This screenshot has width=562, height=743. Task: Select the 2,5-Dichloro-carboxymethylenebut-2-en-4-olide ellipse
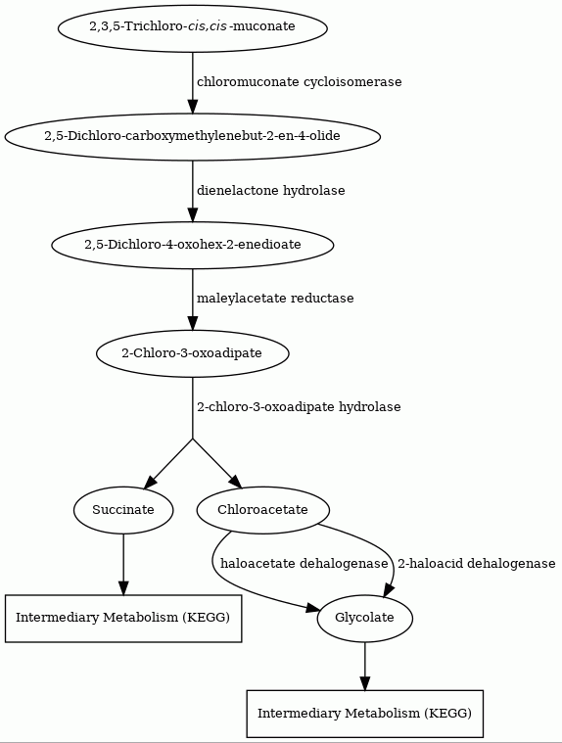pyautogui.click(x=192, y=136)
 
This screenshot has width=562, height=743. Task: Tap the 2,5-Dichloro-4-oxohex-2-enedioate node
pyautogui.click(x=192, y=245)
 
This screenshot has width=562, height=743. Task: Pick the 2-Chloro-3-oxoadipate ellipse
pyautogui.click(x=192, y=353)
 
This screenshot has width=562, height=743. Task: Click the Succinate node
pyautogui.click(x=123, y=510)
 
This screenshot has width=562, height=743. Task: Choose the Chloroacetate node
pyautogui.click(x=263, y=510)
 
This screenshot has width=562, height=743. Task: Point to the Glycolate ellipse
pyautogui.click(x=365, y=618)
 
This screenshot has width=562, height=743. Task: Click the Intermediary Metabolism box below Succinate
pyautogui.click(x=123, y=618)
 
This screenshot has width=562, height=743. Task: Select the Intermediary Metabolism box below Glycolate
pyautogui.click(x=365, y=714)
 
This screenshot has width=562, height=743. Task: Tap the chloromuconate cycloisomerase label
pyautogui.click(x=300, y=82)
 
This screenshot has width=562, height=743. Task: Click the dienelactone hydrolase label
pyautogui.click(x=271, y=191)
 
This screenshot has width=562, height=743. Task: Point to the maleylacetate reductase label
pyautogui.click(x=275, y=299)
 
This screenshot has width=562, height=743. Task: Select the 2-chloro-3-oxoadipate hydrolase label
pyautogui.click(x=299, y=407)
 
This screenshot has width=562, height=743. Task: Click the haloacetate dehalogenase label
pyautogui.click(x=304, y=564)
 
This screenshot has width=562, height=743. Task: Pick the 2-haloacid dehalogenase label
pyautogui.click(x=476, y=564)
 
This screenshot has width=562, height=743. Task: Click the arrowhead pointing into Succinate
pyautogui.click(x=150, y=482)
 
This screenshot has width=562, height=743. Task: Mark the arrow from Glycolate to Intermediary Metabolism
pyautogui.click(x=365, y=667)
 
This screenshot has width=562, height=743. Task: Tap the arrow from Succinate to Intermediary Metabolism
pyautogui.click(x=123, y=564)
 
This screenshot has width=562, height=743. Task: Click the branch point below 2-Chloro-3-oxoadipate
pyautogui.click(x=192, y=440)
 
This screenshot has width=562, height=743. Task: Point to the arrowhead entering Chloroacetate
pyautogui.click(x=236, y=482)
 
